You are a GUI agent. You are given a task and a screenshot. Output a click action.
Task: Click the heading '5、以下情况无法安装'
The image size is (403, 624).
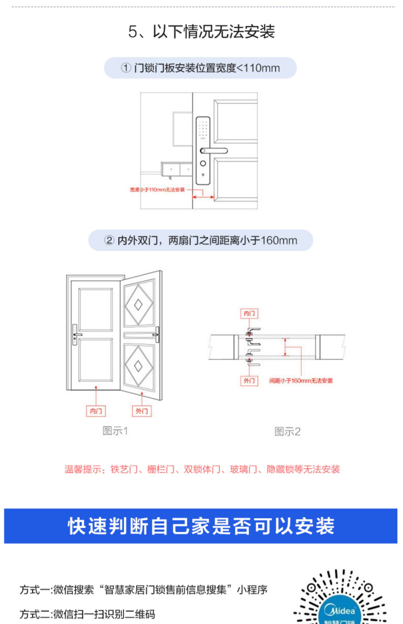(x=201, y=32)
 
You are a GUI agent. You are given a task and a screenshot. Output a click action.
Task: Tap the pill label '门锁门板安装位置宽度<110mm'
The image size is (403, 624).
(x=200, y=68)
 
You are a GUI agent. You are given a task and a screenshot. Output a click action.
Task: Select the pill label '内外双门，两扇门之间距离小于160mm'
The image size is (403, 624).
(x=200, y=240)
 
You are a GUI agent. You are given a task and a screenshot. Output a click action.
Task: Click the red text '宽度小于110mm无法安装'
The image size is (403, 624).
(x=157, y=190)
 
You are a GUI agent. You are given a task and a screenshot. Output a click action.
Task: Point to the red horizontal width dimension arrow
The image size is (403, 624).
(x=203, y=197)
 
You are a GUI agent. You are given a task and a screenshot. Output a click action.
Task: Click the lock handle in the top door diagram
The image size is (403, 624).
(x=214, y=150)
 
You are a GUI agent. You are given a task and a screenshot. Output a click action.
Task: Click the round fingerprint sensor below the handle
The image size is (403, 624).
(x=203, y=163)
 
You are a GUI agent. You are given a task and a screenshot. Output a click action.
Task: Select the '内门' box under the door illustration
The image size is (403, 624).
(x=96, y=411)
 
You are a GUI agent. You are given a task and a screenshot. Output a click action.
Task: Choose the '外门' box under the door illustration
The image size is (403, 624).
(x=142, y=411)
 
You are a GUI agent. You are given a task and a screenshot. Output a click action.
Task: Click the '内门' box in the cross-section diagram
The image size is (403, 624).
(x=249, y=313)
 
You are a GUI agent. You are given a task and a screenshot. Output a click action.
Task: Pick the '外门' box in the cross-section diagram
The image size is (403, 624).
(x=249, y=381)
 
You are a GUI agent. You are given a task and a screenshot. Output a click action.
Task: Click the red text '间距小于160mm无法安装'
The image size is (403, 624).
(x=301, y=381)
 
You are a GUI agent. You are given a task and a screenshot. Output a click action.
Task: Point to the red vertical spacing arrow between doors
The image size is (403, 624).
(x=285, y=347)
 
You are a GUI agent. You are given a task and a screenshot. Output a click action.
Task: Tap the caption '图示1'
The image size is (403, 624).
(x=115, y=431)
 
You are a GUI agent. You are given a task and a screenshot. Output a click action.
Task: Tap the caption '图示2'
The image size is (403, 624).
(x=287, y=432)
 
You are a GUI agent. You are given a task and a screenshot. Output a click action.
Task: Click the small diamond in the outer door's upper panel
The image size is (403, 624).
(x=138, y=304)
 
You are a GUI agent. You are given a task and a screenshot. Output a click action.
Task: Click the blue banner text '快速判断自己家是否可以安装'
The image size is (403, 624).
(x=201, y=526)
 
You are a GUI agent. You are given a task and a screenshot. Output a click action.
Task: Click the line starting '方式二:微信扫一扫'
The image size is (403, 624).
(x=87, y=614)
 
